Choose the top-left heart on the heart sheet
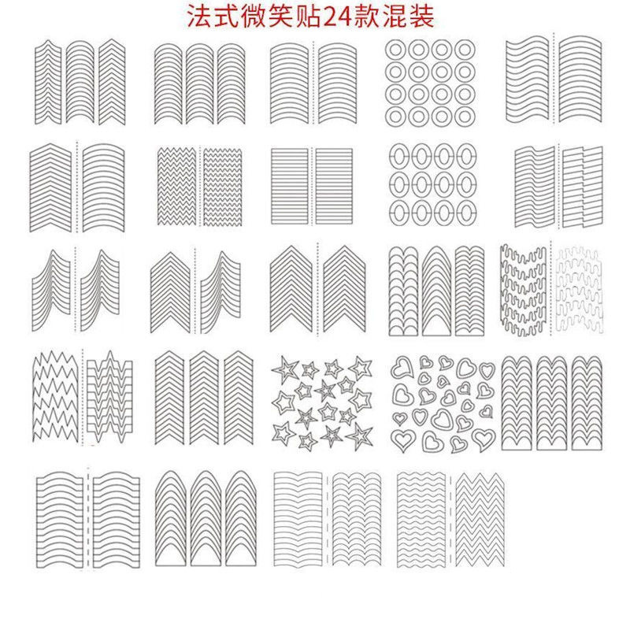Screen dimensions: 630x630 (x=404, y=368)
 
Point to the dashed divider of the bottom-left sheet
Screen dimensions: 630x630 (x=88, y=516)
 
